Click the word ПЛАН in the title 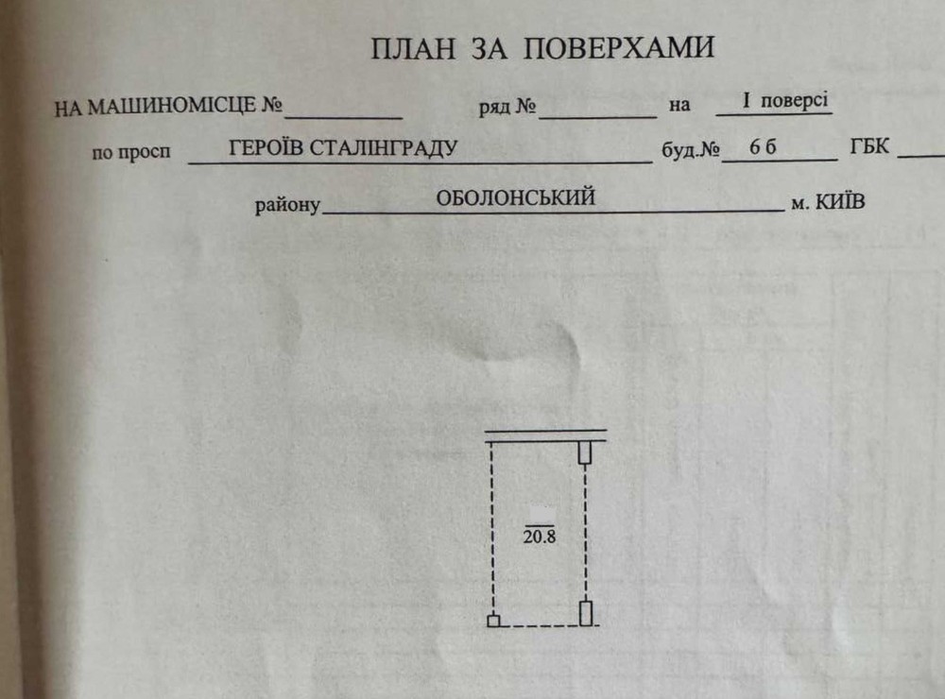pos(413,49)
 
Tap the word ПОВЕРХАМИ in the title pos(618,47)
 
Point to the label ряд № pos(507,107)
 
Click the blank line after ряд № pos(598,116)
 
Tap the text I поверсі pos(785,100)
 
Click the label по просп pos(131,152)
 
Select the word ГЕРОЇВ pos(264,147)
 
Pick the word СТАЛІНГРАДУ pos(381,147)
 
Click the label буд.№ pos(691,149)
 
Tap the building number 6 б pos(763,146)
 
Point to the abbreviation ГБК pos(869,145)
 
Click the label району pos(287,205)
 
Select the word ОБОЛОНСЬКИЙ pos(515,197)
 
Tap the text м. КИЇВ pos(828,202)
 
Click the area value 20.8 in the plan pos(540,537)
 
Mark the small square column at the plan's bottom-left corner pos(493,621)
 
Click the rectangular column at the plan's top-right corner pos(585,452)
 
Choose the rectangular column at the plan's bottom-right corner pos(586,613)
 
